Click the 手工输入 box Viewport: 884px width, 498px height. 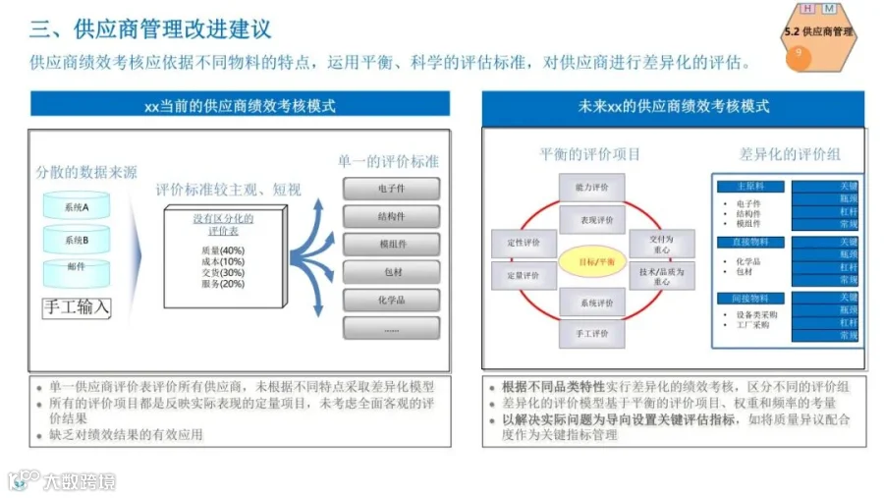tap(76, 306)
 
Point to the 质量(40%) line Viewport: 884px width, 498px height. tap(221, 250)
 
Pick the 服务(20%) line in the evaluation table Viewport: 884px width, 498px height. tap(221, 284)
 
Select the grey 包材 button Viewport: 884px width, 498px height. tap(391, 272)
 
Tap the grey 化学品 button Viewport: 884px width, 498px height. tap(391, 300)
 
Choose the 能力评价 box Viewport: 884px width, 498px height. tap(591, 187)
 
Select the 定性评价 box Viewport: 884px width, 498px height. tap(524, 240)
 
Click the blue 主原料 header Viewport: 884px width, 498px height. tap(747, 186)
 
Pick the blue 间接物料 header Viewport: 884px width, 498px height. tap(747, 298)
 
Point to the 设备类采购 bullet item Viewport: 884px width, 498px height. tap(757, 315)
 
